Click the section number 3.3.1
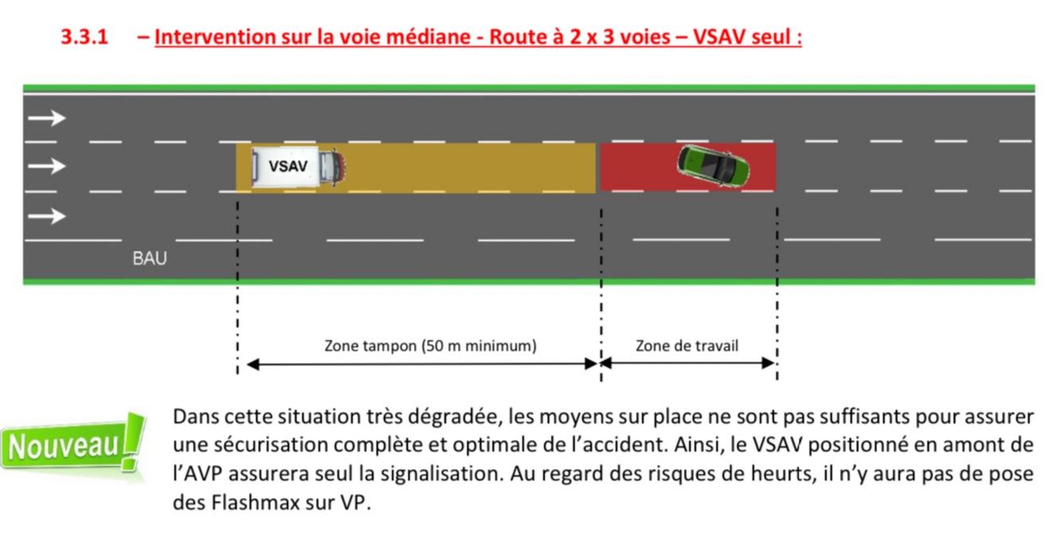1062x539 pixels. [x=84, y=37]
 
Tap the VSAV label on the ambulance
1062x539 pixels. [x=287, y=166]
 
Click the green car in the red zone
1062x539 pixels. [x=713, y=165]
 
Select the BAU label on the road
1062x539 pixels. [x=150, y=258]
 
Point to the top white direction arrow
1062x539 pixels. [x=46, y=118]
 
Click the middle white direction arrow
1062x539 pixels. [x=46, y=166]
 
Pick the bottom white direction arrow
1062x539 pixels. [x=46, y=215]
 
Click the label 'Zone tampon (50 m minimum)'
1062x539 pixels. [x=430, y=346]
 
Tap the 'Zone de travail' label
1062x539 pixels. [x=686, y=346]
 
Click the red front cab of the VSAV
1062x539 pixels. [x=334, y=166]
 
